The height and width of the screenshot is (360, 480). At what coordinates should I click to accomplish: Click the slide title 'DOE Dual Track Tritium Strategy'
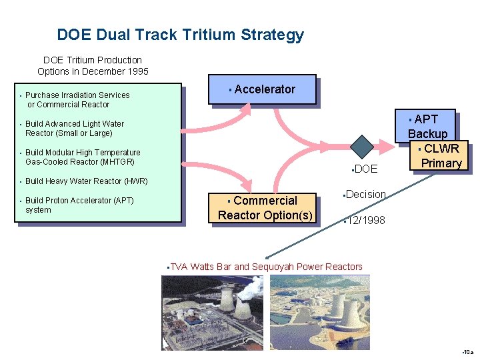click(180, 35)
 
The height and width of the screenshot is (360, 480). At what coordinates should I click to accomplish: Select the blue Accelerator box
click(261, 90)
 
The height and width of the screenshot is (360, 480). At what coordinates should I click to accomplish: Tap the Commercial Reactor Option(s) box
click(265, 207)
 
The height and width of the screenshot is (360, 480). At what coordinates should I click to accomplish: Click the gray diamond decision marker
click(362, 147)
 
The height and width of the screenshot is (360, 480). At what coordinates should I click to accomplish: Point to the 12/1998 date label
click(365, 220)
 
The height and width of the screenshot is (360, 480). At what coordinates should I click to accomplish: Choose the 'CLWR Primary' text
click(441, 155)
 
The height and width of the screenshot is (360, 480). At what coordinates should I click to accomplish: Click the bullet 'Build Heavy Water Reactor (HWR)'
click(86, 181)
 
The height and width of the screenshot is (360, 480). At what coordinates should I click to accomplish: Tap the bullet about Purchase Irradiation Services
click(77, 99)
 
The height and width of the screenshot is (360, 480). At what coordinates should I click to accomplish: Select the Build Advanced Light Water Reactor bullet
click(74, 128)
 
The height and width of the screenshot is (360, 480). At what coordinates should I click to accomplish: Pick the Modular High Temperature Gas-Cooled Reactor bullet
click(82, 157)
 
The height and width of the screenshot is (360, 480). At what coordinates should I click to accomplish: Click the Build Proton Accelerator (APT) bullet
click(79, 205)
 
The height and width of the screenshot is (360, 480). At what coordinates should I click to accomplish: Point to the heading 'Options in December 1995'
click(93, 71)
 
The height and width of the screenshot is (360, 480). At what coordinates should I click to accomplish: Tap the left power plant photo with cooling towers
click(213, 312)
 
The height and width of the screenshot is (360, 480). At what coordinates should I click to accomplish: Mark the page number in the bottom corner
click(467, 351)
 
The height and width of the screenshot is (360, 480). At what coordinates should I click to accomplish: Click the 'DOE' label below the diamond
click(366, 169)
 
